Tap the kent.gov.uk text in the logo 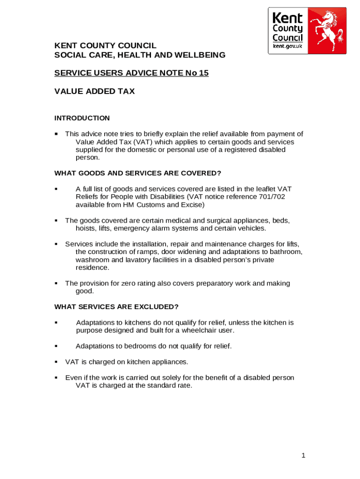coord(288,47)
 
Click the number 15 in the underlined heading coord(203,73)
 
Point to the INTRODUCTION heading coord(82,118)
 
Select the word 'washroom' coord(93,260)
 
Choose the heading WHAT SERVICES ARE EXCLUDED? coord(116,307)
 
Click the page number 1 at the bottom coord(303,456)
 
